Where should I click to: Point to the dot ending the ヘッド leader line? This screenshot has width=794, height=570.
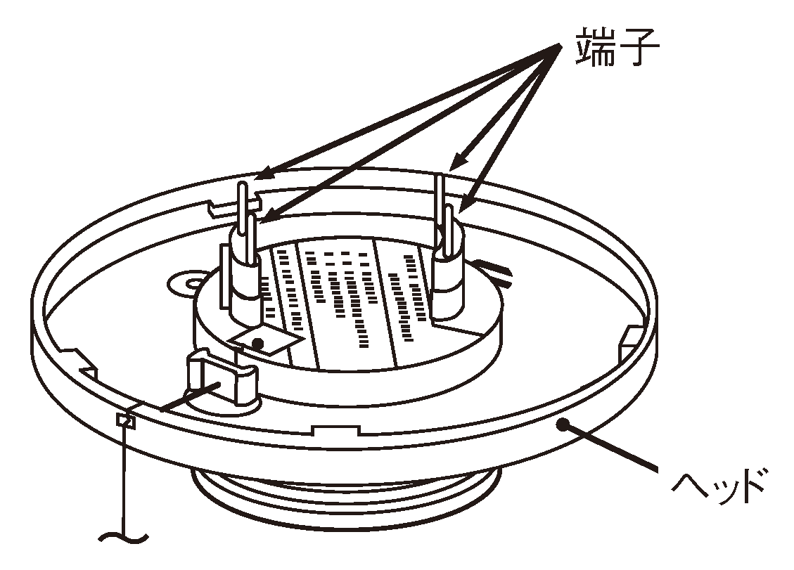click(562, 423)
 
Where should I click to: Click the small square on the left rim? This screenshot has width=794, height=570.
click(126, 420)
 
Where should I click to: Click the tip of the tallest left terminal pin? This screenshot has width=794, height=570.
click(242, 184)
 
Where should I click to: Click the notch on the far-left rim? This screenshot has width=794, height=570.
click(81, 361)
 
